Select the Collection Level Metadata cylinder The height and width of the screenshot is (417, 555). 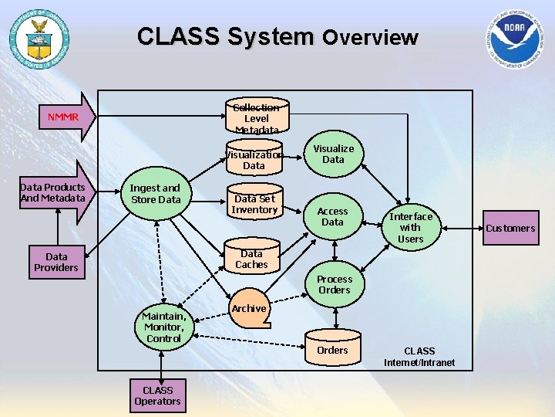tap(257, 118)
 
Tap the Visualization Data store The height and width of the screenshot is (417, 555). tap(254, 160)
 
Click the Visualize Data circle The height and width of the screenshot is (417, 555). tap(333, 154)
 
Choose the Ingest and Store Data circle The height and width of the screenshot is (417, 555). tap(155, 194)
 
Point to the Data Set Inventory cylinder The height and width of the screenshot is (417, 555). tap(254, 204)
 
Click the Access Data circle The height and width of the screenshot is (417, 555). tap(332, 216)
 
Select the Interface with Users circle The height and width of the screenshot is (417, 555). tap(410, 228)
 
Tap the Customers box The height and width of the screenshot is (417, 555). tap(510, 228)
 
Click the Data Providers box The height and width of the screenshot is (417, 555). tap(55, 262)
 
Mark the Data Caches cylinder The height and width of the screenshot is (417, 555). tap(251, 259)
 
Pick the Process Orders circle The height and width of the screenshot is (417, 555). tap(334, 284)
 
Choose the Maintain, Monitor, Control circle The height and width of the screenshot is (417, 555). tap(163, 327)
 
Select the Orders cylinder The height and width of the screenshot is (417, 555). tap(332, 350)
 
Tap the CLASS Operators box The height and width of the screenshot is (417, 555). tap(157, 395)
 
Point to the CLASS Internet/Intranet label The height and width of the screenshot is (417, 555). tap(419, 357)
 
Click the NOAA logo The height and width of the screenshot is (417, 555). tap(514, 39)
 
